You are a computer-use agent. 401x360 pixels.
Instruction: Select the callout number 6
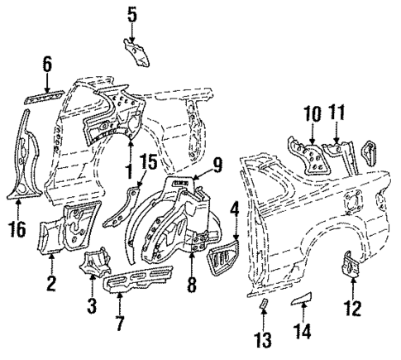click(x=48, y=64)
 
